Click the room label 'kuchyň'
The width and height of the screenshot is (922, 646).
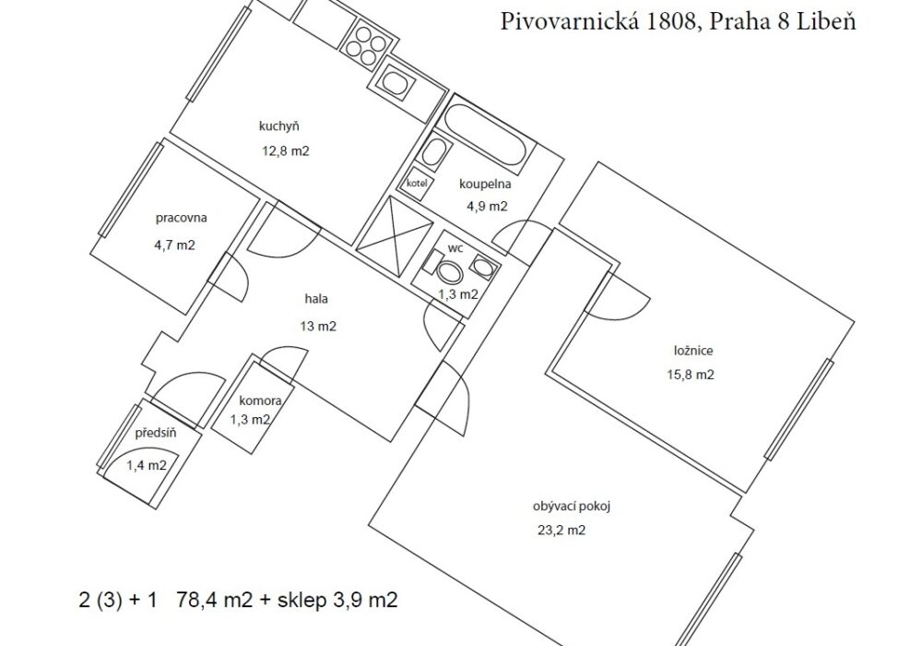(279, 126)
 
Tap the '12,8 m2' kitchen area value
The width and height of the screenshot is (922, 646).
(286, 151)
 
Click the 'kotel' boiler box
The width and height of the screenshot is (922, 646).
(417, 183)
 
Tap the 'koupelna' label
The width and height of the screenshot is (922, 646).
(485, 185)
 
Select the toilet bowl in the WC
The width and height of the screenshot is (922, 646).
(451, 271)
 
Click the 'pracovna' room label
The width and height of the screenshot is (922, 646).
(181, 219)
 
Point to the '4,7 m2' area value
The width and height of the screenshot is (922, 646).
(174, 245)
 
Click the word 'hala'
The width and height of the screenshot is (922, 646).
(316, 299)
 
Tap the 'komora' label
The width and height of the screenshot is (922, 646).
(260, 401)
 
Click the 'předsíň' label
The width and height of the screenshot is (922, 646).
(155, 434)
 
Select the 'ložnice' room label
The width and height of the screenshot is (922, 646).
(693, 351)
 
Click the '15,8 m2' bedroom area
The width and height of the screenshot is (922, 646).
(691, 375)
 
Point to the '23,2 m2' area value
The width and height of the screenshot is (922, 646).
(561, 531)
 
